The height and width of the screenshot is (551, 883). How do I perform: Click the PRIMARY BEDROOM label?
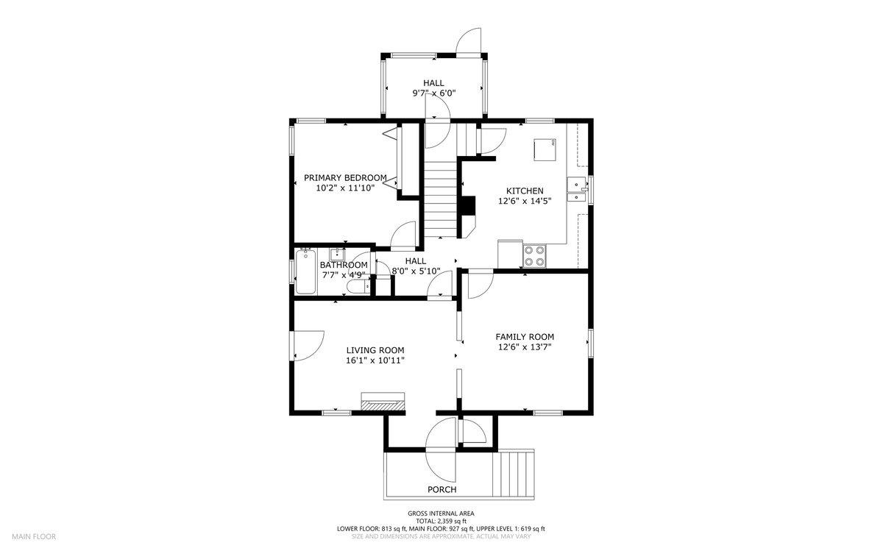click(x=345, y=177)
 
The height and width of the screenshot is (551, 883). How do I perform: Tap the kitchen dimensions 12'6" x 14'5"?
click(x=519, y=201)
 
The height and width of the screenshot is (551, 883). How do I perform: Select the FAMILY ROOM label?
click(x=524, y=336)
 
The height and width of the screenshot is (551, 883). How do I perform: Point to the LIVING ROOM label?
click(x=375, y=350)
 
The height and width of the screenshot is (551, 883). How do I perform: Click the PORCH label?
click(x=441, y=489)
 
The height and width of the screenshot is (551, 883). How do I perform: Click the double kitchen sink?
click(x=576, y=189)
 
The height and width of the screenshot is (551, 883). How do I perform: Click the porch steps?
click(x=518, y=475)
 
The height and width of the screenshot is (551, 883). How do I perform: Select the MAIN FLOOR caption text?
click(x=33, y=536)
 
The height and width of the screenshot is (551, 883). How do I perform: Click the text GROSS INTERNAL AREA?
click(x=441, y=513)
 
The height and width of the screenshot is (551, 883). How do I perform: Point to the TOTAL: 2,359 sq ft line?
click(x=441, y=521)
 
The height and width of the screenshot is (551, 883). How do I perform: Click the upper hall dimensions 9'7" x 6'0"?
click(x=433, y=93)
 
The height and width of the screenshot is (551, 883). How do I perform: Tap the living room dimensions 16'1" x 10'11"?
click(x=375, y=360)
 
